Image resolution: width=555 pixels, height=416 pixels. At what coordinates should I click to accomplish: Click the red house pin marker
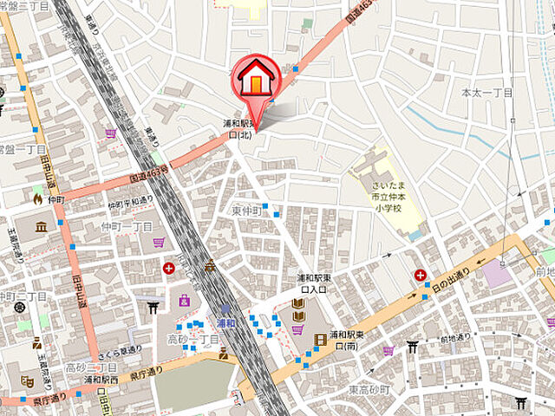click(x=255, y=78)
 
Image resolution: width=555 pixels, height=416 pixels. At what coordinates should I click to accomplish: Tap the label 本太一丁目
click(x=486, y=92)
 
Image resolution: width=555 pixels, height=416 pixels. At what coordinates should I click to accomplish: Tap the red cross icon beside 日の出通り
click(x=421, y=275)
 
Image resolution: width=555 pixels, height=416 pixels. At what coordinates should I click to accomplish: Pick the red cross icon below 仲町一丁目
click(x=169, y=269)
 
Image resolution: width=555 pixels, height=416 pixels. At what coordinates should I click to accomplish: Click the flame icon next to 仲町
click(x=36, y=198)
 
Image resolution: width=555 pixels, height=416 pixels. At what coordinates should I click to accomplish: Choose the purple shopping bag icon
click(x=185, y=301)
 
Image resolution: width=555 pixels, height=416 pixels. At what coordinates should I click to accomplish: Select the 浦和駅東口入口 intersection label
click(x=310, y=283)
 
